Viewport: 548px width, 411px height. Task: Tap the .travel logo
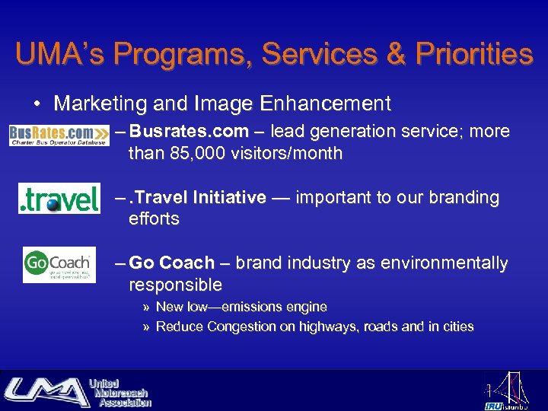(x=59, y=199)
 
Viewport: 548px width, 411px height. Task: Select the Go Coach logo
(x=59, y=265)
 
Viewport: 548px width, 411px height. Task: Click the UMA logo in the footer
(x=46, y=391)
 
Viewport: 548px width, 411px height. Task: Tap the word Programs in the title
(x=179, y=54)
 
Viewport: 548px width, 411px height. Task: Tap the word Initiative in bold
(x=228, y=198)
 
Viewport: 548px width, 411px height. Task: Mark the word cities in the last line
(x=457, y=327)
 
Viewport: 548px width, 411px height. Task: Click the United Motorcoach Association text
(x=119, y=392)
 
